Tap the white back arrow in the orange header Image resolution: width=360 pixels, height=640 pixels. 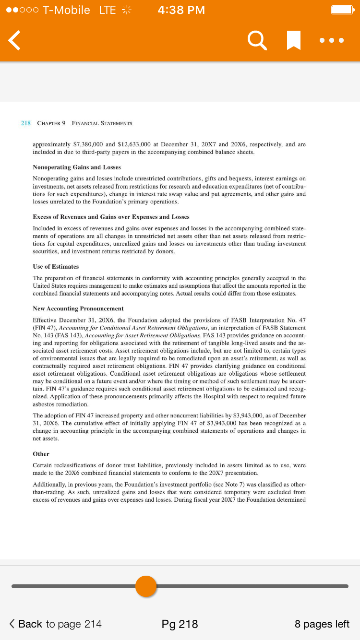[x=15, y=40]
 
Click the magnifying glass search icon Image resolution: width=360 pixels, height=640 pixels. [x=257, y=40]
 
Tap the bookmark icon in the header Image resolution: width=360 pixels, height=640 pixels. [x=293, y=40]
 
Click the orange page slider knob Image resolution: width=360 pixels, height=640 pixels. [x=146, y=586]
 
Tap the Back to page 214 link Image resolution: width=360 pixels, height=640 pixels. [x=56, y=624]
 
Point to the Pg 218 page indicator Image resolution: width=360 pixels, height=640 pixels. [x=180, y=624]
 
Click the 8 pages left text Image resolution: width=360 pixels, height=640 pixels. [x=322, y=624]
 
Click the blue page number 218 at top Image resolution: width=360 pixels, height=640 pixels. [x=26, y=123]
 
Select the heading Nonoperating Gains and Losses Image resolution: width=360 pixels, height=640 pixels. [x=76, y=167]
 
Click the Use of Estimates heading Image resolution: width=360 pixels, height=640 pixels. [x=56, y=266]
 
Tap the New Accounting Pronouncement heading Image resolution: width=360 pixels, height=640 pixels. [x=78, y=308]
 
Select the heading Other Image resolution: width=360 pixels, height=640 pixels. [x=41, y=454]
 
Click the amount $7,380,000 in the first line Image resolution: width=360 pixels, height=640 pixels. [x=88, y=144]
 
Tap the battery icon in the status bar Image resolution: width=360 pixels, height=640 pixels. [x=343, y=10]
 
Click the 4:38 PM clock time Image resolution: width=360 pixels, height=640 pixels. [x=181, y=10]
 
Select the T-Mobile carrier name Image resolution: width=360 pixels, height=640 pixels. [x=66, y=10]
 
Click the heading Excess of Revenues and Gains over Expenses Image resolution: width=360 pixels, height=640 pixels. [x=111, y=217]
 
